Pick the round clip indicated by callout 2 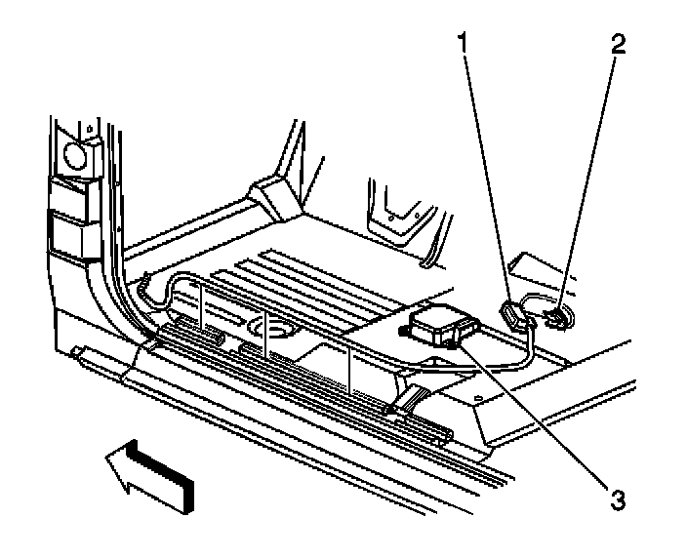tap(557, 317)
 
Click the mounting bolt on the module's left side tap(402, 329)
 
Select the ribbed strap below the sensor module tap(414, 397)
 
